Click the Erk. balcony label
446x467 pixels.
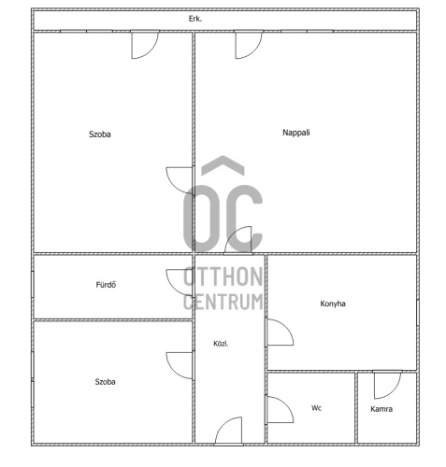point(195,19)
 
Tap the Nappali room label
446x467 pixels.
point(296,133)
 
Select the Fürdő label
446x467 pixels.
point(106,285)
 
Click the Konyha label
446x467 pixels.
point(333,304)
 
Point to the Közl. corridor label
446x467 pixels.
point(221,344)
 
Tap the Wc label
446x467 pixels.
point(316,408)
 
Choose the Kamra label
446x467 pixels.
point(381,409)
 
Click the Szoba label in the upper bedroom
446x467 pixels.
point(100,134)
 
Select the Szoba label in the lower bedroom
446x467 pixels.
point(105,382)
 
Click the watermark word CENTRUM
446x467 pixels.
point(223,302)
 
